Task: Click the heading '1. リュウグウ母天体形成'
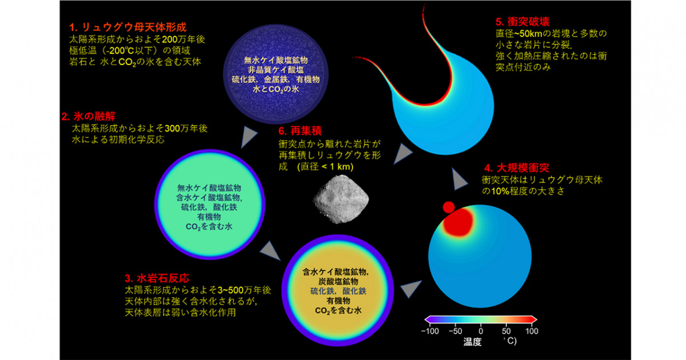[127, 27]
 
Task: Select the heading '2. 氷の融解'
[89, 117]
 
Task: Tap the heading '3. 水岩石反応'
[157, 278]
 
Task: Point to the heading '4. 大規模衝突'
[517, 167]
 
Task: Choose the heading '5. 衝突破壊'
[523, 22]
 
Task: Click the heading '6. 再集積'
[300, 131]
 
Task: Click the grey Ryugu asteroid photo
[341, 199]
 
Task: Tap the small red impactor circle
[449, 207]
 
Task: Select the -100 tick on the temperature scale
[430, 331]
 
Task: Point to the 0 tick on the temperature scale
[481, 331]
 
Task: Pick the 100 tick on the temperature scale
[532, 331]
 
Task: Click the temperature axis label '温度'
[472, 342]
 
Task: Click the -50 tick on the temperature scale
[456, 331]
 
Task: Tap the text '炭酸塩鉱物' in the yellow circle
[338, 281]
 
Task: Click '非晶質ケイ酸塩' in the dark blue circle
[276, 70]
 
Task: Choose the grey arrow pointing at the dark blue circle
[249, 137]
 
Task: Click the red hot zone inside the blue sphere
[458, 222]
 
